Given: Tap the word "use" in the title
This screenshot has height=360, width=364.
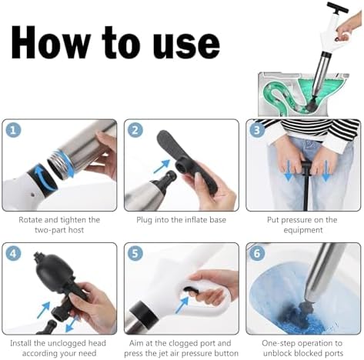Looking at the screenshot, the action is click(x=186, y=45).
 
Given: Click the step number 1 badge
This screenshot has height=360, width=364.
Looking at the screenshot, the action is click(x=13, y=130).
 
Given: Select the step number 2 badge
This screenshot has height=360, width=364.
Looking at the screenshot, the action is click(x=135, y=130).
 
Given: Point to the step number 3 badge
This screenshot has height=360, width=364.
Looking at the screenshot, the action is click(x=257, y=130).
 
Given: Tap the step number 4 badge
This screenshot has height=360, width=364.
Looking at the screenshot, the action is click(x=13, y=253).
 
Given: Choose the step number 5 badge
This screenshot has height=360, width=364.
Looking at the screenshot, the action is click(x=135, y=253).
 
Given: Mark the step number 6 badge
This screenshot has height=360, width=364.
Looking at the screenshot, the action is click(x=257, y=253).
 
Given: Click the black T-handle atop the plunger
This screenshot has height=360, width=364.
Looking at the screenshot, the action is click(x=338, y=7).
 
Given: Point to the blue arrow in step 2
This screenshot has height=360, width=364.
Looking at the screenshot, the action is click(x=162, y=166).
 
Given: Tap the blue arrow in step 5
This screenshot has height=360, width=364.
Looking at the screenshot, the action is click(x=182, y=305).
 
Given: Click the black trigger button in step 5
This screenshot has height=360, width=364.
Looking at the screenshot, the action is click(x=192, y=291).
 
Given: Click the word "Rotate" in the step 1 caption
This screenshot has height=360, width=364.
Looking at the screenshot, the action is click(x=30, y=220).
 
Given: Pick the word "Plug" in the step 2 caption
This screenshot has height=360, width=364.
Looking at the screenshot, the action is click(x=144, y=220).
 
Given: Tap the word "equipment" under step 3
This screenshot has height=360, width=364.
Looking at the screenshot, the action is click(x=303, y=230).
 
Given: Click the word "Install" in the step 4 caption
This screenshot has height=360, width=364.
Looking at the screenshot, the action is click(x=21, y=343).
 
